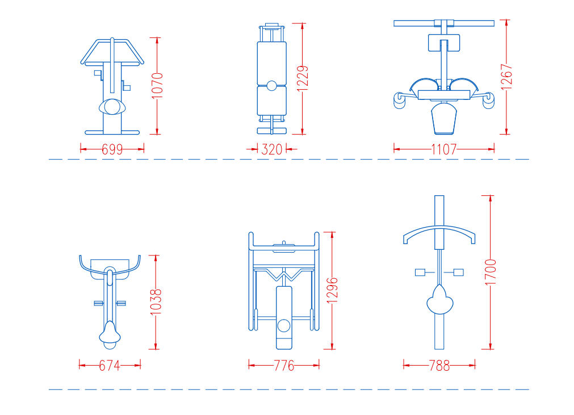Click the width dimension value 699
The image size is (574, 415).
coord(112,149)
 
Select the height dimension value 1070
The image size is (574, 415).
coord(157,86)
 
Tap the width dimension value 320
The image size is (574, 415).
coord(271,149)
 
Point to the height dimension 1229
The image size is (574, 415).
coord(303,78)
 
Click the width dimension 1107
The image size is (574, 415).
coord(443,149)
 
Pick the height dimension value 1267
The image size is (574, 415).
coord(506,77)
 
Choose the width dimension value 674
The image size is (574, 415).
coord(110,365)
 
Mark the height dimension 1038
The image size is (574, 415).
coord(156,302)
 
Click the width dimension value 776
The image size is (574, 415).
coord(284,365)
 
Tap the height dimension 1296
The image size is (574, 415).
coord(332,291)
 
